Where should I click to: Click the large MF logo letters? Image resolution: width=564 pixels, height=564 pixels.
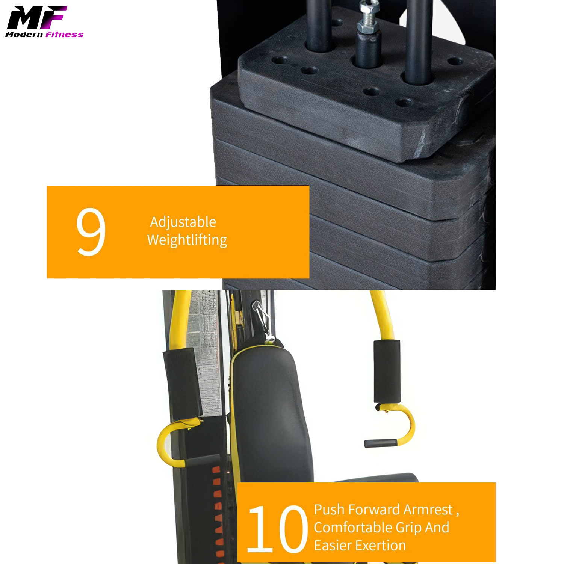click(36, 18)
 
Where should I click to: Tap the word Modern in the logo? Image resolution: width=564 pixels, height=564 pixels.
click(24, 35)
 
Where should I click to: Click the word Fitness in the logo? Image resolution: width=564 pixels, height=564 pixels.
click(64, 35)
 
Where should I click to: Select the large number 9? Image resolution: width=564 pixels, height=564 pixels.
click(91, 232)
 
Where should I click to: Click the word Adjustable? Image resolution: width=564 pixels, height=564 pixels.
click(183, 222)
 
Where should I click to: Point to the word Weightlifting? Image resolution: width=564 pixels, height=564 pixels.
click(187, 240)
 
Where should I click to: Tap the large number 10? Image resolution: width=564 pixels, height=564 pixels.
click(277, 529)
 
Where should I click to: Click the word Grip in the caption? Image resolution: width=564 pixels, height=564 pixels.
click(409, 528)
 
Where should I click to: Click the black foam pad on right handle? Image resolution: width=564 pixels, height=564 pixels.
click(387, 371)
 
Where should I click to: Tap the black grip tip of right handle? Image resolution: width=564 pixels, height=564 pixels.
click(380, 443)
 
